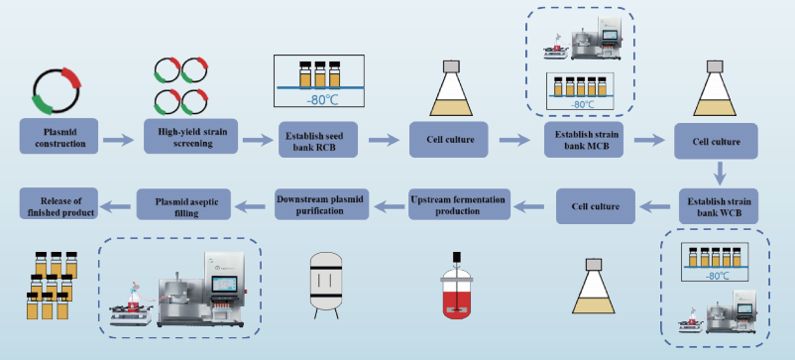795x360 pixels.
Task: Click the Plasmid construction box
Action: (x=58, y=137)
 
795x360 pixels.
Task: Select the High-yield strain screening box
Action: (x=190, y=136)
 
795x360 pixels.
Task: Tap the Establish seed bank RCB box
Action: (x=318, y=140)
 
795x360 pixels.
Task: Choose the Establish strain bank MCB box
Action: (x=584, y=140)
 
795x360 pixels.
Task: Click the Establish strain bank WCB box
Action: (x=719, y=206)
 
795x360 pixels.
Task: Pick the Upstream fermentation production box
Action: (x=459, y=204)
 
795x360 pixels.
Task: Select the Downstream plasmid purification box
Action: (x=322, y=204)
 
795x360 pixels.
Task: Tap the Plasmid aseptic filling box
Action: (x=183, y=204)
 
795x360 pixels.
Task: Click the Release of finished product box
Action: (x=58, y=203)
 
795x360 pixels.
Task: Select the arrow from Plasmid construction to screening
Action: (x=119, y=141)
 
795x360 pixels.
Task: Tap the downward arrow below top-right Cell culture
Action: (x=719, y=174)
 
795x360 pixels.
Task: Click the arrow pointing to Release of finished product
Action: (x=117, y=206)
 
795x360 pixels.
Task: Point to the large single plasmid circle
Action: (x=57, y=90)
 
